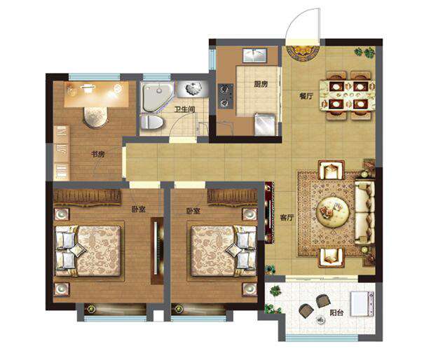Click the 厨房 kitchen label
pyautogui.click(x=261, y=84)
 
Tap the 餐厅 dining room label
pyautogui.click(x=306, y=96)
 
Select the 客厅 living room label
pyautogui.click(x=287, y=217)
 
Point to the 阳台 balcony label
pyautogui.click(x=336, y=312)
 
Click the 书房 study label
pyautogui.click(x=97, y=154)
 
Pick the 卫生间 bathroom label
pyautogui.click(x=185, y=109)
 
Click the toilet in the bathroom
pyautogui.click(x=152, y=122)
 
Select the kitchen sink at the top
pyautogui.click(x=254, y=55)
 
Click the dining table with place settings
pyautogui.click(x=347, y=95)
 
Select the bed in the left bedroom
pyautogui.click(x=88, y=251)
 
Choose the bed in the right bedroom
pyautogui.click(x=224, y=251)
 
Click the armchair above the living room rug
pyautogui.click(x=331, y=169)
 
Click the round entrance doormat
pyautogui.click(x=303, y=53)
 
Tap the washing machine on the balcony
pyautogui.click(x=362, y=304)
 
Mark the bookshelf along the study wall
pyautogui.click(x=62, y=153)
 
